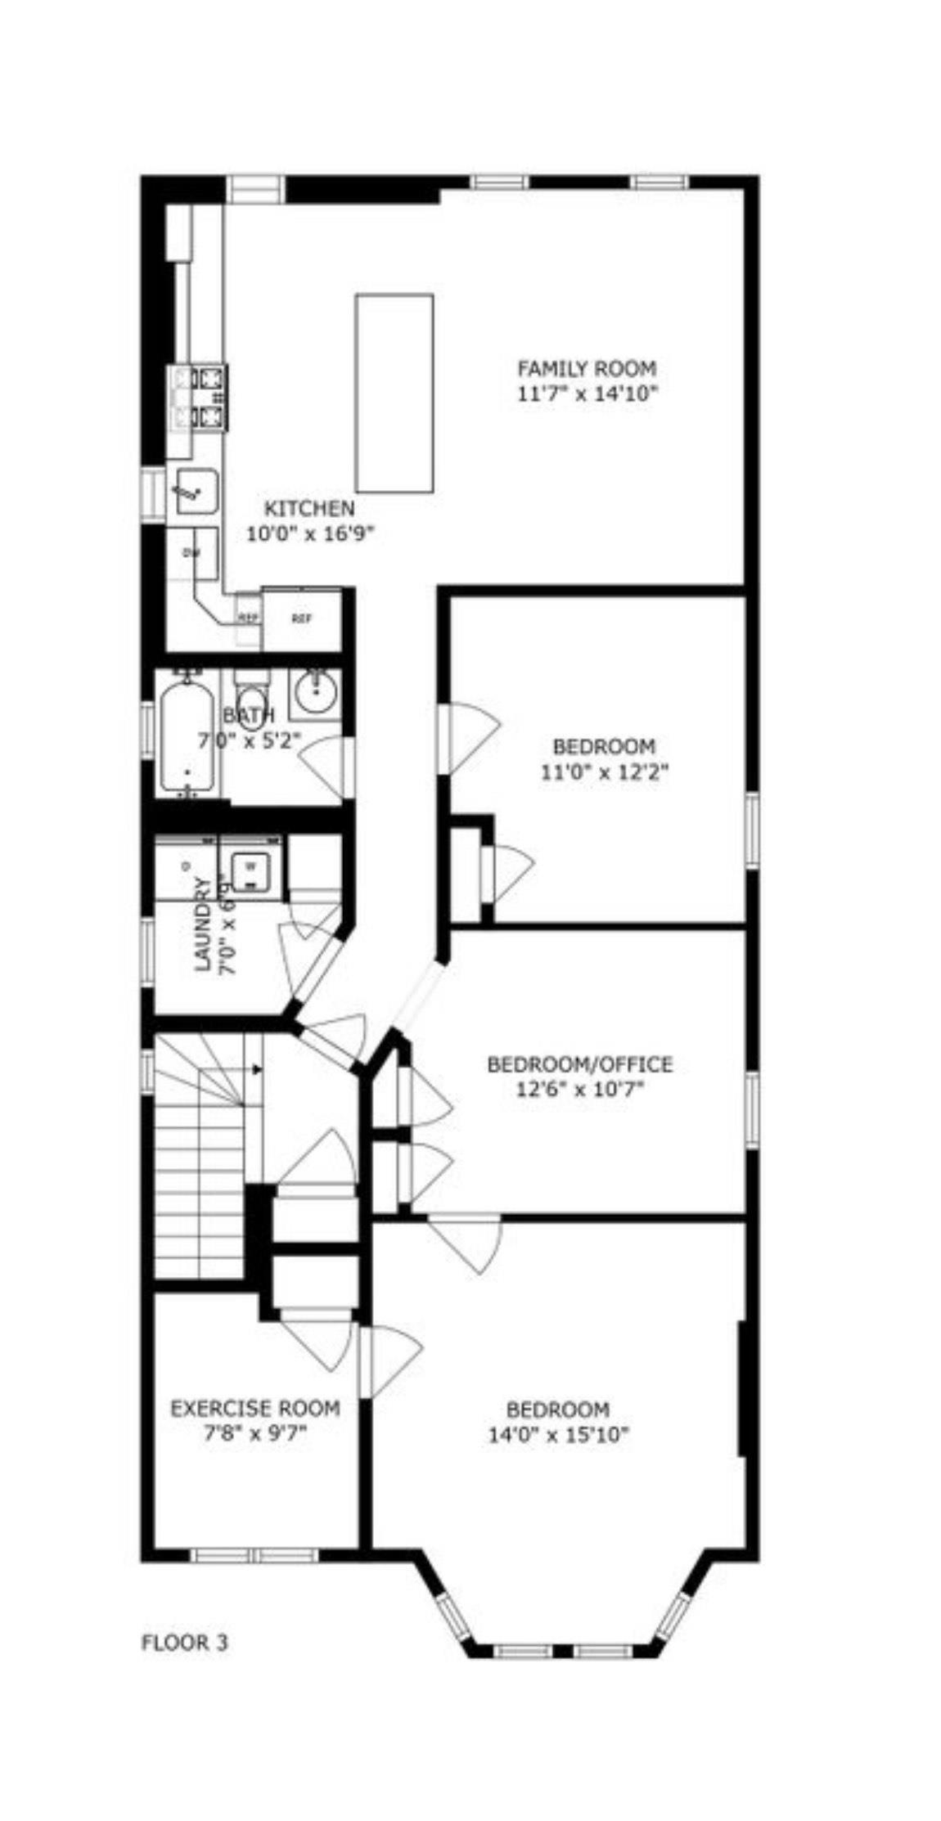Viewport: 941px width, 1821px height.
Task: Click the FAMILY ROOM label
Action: (587, 368)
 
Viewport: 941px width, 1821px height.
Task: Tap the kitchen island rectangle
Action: (394, 393)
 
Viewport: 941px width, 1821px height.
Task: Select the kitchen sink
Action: (196, 491)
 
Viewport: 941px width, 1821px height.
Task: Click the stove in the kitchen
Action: (200, 398)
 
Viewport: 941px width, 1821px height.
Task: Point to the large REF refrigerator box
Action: (301, 618)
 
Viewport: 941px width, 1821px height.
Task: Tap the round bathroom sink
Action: (315, 693)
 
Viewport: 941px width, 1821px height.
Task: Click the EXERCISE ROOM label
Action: (254, 1408)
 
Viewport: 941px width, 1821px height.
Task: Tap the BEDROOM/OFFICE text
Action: (579, 1064)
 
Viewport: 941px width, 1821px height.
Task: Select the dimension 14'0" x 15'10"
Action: (558, 1434)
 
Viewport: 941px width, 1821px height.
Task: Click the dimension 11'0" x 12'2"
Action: (605, 771)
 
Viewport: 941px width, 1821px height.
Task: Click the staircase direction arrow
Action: (256, 1069)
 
